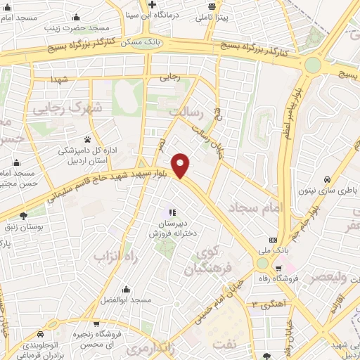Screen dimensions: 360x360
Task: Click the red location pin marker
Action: pos(181,165)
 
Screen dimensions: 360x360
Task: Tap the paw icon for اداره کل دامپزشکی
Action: pos(87,139)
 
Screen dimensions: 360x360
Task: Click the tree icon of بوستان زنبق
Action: pos(23,217)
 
